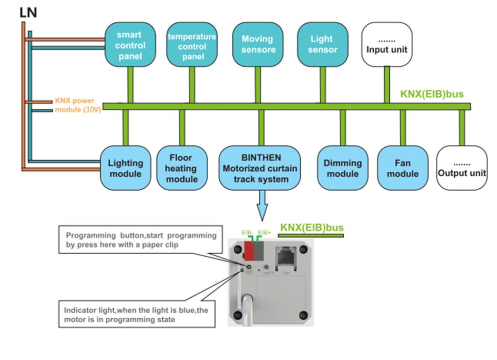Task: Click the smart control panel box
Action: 130,45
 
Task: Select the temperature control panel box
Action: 192,45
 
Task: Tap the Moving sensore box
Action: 257,45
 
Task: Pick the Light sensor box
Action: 322,45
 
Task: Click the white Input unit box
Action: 386,45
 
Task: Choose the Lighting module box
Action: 125,168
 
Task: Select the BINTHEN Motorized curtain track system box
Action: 261,168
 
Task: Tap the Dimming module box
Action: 343,168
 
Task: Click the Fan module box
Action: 402,168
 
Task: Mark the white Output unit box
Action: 462,168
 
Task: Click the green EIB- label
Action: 248,233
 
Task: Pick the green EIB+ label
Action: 265,233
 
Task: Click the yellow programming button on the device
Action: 249,267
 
